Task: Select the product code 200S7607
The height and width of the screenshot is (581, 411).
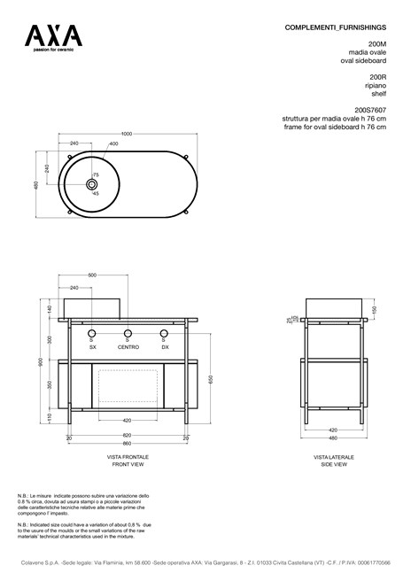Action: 371,111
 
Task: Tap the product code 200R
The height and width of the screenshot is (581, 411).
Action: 377,77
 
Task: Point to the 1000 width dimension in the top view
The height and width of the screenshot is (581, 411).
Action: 127,134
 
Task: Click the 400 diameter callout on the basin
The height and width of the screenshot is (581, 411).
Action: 113,143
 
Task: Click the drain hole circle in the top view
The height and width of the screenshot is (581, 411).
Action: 90,184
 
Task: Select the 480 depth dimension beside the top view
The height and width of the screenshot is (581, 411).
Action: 36,184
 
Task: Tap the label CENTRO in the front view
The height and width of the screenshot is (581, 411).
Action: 128,348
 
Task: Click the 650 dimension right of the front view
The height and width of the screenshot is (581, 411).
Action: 210,378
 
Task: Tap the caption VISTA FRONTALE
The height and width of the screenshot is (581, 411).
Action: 127,457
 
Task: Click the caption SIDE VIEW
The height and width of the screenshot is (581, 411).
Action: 334,463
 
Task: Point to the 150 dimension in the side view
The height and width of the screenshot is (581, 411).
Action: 375,310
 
